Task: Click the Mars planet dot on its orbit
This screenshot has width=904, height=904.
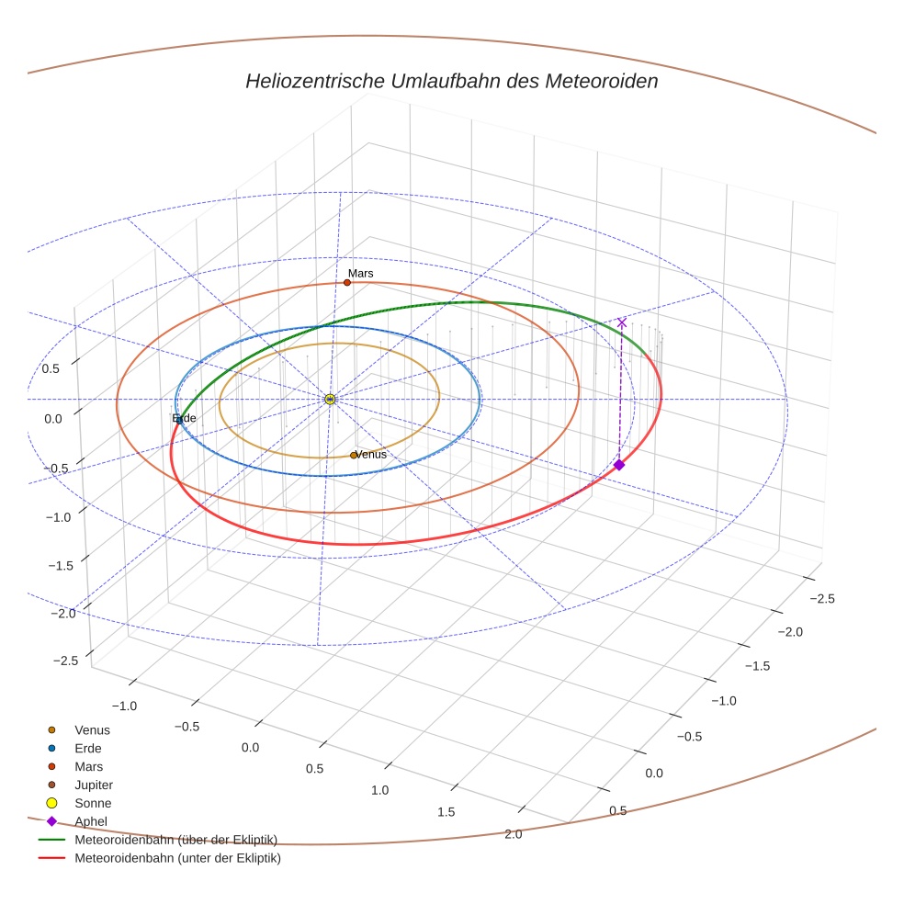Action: (x=347, y=282)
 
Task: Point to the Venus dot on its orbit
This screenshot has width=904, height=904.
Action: (x=354, y=455)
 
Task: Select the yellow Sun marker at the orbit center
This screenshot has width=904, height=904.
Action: (x=330, y=399)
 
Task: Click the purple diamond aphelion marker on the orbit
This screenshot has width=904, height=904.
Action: (x=619, y=465)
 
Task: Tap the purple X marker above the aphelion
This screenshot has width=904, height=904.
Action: (x=622, y=322)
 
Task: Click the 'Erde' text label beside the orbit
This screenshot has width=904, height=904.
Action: (x=186, y=418)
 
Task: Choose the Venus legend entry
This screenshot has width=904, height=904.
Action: (x=92, y=730)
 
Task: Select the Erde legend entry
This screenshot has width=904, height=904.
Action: (x=87, y=748)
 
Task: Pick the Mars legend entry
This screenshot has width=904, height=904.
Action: (x=88, y=766)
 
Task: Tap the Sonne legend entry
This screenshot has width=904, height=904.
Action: (x=93, y=803)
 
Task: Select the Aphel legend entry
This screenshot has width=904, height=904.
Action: (x=91, y=821)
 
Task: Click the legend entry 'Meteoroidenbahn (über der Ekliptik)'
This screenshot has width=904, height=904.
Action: (x=175, y=839)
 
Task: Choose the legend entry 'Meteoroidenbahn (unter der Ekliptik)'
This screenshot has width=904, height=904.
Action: (x=177, y=858)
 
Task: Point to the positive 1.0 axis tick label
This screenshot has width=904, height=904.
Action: (x=379, y=790)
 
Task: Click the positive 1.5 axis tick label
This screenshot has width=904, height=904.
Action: (x=446, y=811)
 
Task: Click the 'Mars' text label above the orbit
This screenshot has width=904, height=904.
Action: (x=360, y=274)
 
